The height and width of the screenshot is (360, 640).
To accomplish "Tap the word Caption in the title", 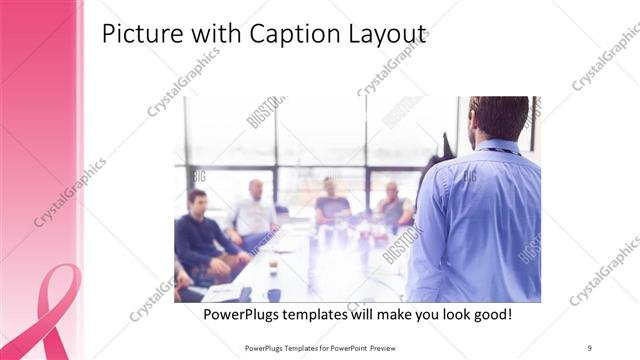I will pyautogui.click(x=285, y=35).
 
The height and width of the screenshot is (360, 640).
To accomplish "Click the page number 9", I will pyautogui.click(x=590, y=347).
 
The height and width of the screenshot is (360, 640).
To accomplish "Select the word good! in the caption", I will pyautogui.click(x=488, y=314).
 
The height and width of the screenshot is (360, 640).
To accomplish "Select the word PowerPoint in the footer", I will pyautogui.click(x=340, y=347).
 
